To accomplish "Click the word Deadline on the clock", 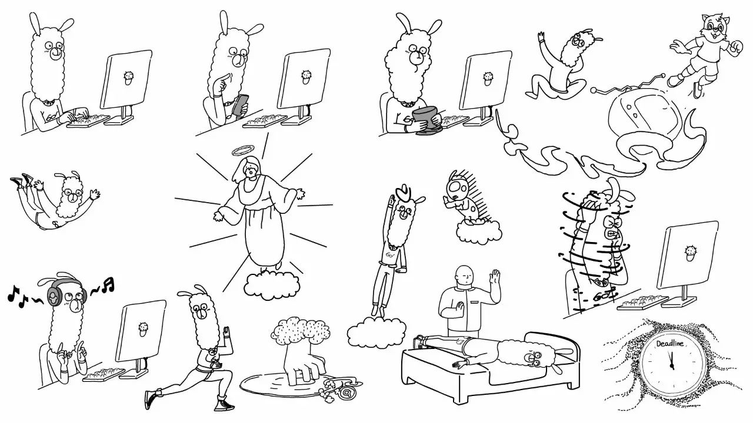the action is coord(669,344).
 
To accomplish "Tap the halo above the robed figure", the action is coord(244,150).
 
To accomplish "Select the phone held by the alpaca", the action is coord(241,104).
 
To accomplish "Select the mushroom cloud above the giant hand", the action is coord(300,330).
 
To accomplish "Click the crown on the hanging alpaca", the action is coord(404,192).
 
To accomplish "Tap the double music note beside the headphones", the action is coord(108,284).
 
